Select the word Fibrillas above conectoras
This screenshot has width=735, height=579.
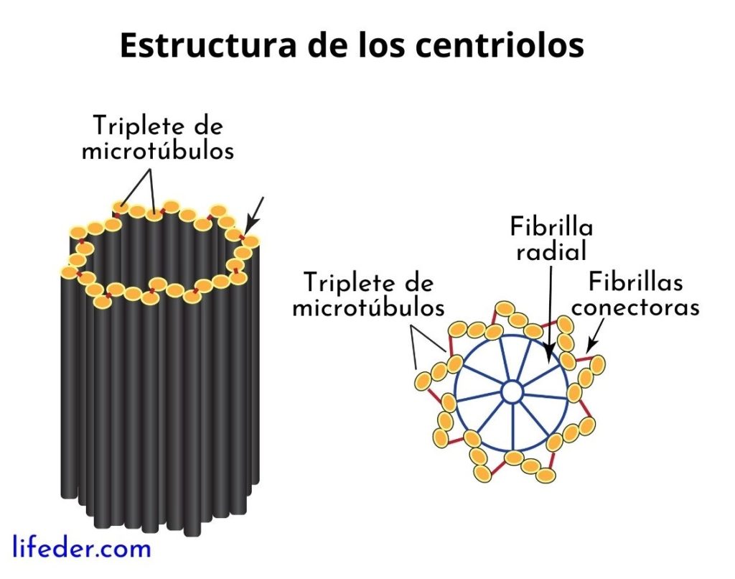(x=635, y=282)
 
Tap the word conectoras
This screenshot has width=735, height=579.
(x=635, y=307)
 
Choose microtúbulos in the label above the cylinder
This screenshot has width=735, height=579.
(x=157, y=152)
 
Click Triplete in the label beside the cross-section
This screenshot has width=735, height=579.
(x=348, y=282)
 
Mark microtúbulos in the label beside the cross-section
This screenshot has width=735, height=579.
(x=368, y=307)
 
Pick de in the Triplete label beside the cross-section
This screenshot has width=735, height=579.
(x=420, y=282)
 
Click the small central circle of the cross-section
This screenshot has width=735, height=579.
(x=512, y=392)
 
